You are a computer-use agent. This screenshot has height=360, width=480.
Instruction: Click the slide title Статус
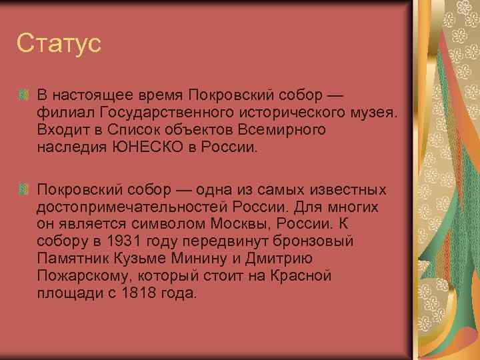click(x=59, y=44)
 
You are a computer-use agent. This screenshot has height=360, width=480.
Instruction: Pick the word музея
click(x=374, y=113)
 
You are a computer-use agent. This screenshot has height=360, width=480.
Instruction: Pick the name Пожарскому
click(x=77, y=275)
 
